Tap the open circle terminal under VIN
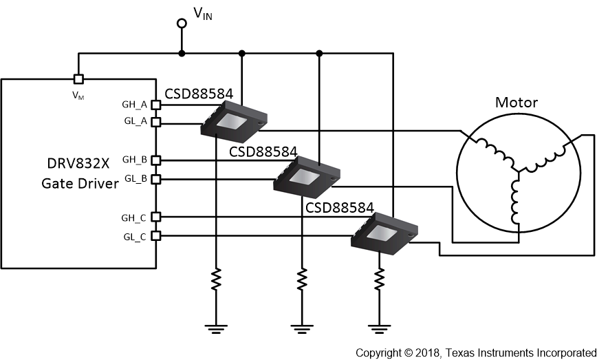(x=182, y=23)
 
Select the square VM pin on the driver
(x=78, y=78)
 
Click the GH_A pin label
(x=134, y=105)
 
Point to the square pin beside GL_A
(x=155, y=123)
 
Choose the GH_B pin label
(x=134, y=160)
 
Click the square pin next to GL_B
(x=155, y=179)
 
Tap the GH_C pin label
(x=134, y=217)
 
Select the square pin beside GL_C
(x=155, y=235)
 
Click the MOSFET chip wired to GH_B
(x=309, y=175)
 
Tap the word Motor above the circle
(x=517, y=103)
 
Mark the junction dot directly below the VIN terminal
(x=182, y=53)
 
